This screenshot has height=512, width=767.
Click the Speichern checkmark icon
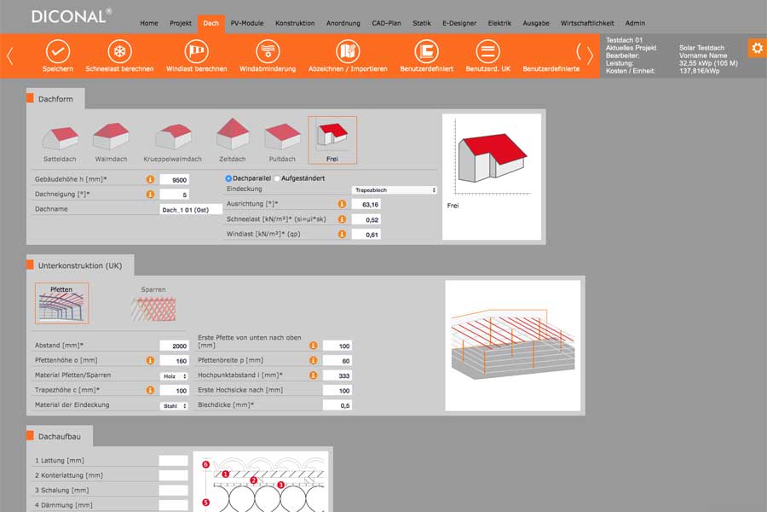pos(58,51)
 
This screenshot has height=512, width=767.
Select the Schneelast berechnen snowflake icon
pos(120,51)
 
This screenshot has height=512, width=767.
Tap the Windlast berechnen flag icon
pos(197,51)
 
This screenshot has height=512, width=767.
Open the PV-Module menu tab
pos(247,23)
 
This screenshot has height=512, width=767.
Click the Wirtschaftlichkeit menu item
pos(587,23)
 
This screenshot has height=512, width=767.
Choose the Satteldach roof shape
pos(61,137)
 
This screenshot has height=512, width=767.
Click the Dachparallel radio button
pos(228,178)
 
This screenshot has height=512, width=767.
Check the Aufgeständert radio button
pos(277,178)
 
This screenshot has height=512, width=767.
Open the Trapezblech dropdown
pos(395,189)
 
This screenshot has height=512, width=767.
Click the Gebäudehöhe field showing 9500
pos(175,180)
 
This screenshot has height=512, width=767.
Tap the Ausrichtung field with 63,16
pos(366,204)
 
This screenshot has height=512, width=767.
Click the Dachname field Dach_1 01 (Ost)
pos(191,210)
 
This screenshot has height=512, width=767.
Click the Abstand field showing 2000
pos(174,346)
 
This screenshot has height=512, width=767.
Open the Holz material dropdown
pos(175,376)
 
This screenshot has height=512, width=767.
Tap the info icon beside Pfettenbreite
pos(313,360)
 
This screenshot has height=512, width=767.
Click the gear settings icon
pos(758,48)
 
